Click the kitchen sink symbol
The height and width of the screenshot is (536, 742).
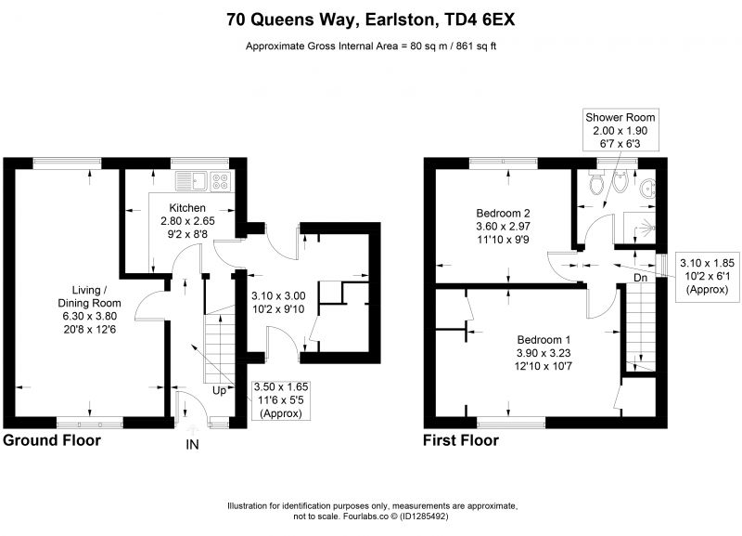click(x=191, y=180)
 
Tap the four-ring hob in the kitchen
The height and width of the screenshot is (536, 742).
click(x=220, y=181)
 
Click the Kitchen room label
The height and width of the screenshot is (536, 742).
click(x=188, y=207)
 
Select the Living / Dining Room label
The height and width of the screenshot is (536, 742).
click(x=89, y=296)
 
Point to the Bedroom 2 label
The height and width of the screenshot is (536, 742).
click(x=503, y=213)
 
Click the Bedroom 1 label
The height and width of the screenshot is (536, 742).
click(x=544, y=339)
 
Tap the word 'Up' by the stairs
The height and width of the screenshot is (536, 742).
click(x=219, y=391)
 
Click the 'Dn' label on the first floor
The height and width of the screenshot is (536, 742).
click(x=640, y=278)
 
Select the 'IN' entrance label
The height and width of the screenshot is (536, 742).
click(x=193, y=445)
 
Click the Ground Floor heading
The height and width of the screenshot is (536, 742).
click(x=52, y=440)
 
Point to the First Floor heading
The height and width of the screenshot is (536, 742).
click(x=461, y=440)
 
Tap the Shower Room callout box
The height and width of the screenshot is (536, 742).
click(x=620, y=130)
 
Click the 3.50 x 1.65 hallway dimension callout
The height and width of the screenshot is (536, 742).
click(x=281, y=400)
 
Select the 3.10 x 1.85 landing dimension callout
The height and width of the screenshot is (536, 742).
click(x=707, y=276)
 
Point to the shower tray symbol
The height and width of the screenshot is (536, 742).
click(x=639, y=228)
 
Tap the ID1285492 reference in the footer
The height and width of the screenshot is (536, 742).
click(x=424, y=516)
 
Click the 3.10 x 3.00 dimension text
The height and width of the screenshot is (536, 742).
click(x=278, y=296)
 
